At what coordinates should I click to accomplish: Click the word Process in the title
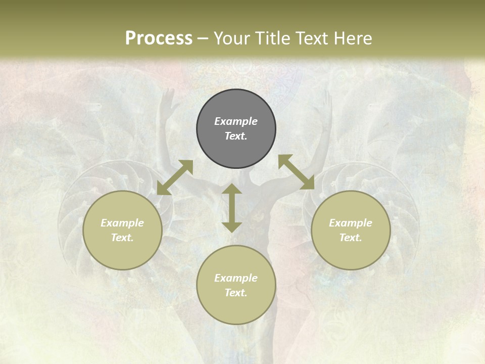click(x=159, y=38)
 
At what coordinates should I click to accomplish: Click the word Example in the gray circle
click(x=236, y=121)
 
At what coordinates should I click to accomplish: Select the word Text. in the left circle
click(x=122, y=238)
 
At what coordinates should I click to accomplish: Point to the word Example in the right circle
click(x=351, y=223)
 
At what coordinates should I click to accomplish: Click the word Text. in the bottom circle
click(x=236, y=293)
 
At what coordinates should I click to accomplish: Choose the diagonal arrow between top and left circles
click(x=175, y=177)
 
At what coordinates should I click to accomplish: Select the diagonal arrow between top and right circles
click(x=297, y=172)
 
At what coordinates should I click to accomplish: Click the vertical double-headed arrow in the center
click(x=232, y=208)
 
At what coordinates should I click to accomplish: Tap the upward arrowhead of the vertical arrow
click(x=232, y=189)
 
